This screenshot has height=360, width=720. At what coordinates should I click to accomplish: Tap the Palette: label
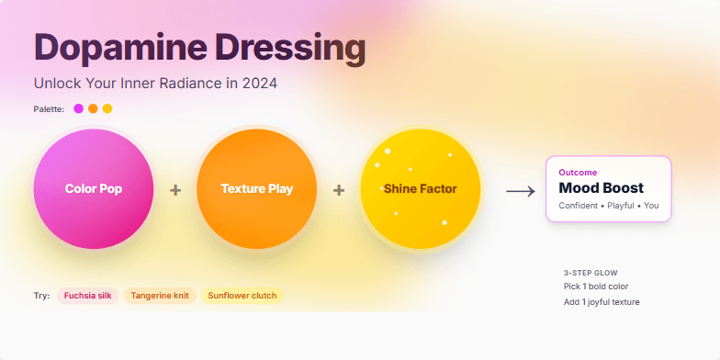pyautogui.click(x=49, y=109)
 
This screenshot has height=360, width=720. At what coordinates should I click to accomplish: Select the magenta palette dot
pyautogui.click(x=79, y=108)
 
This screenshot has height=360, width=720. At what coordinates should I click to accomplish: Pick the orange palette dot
pyautogui.click(x=93, y=108)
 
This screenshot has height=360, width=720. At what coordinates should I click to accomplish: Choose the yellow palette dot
pyautogui.click(x=107, y=108)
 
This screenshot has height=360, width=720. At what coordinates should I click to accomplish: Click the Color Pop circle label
pyautogui.click(x=94, y=189)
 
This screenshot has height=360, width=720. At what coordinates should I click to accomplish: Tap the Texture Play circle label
pyautogui.click(x=257, y=189)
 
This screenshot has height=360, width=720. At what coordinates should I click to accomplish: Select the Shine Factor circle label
pyautogui.click(x=420, y=189)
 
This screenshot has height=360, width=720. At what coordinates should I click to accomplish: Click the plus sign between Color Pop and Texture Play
pyautogui.click(x=175, y=190)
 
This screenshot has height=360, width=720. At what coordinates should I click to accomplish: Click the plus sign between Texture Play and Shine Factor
pyautogui.click(x=339, y=190)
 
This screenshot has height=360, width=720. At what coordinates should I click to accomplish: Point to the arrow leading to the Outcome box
pyautogui.click(x=521, y=191)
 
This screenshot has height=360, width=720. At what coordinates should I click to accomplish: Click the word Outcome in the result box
pyautogui.click(x=578, y=173)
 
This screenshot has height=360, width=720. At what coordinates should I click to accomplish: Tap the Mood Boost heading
pyautogui.click(x=601, y=188)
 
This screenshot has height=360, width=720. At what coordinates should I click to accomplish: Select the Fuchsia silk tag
pyautogui.click(x=88, y=296)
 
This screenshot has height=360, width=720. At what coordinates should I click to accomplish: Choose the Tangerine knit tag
pyautogui.click(x=160, y=296)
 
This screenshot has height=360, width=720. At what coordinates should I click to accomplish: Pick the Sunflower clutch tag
pyautogui.click(x=242, y=296)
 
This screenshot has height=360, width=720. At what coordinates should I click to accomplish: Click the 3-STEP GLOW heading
pyautogui.click(x=591, y=273)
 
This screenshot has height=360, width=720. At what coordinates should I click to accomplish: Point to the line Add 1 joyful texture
pyautogui.click(x=602, y=301)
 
